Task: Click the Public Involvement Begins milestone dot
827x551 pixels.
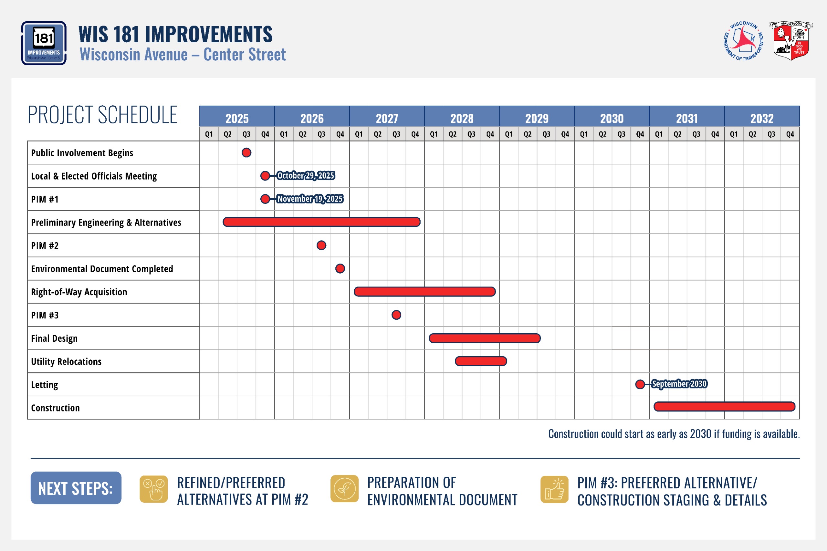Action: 246,152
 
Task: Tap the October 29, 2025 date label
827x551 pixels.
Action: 305,175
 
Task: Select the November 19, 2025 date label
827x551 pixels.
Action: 310,199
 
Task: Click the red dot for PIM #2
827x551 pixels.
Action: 321,245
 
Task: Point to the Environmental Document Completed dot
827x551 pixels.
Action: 340,268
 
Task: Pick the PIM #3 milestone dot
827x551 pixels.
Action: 396,315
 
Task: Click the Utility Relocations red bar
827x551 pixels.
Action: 481,361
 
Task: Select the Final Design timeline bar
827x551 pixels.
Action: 485,338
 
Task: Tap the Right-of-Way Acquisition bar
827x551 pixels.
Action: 424,291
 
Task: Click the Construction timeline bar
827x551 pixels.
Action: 724,407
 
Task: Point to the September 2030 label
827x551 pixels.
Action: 679,384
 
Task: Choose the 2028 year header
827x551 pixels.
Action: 462,118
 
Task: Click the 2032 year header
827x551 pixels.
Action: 762,118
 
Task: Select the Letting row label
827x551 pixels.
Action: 45,385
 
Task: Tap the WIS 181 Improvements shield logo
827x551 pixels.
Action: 44,43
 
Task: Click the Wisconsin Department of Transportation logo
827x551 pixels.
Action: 744,41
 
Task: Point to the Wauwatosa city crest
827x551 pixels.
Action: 791,41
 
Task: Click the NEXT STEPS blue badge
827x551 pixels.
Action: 76,488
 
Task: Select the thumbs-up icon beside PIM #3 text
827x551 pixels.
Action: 554,489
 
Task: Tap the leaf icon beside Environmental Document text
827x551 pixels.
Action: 344,488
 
